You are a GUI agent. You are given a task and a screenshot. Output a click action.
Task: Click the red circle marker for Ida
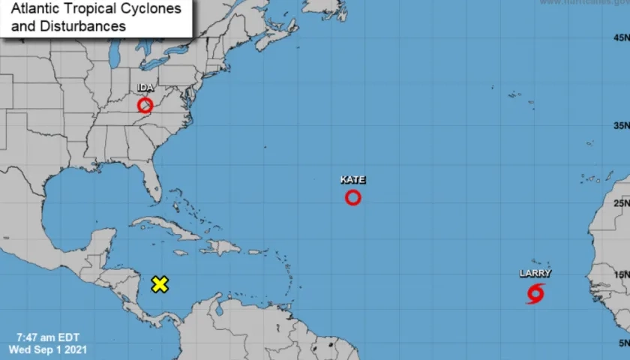click(145, 105)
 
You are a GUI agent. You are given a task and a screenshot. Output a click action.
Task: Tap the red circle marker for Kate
click(352, 197)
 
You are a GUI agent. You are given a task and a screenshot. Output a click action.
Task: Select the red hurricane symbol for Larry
click(535, 293)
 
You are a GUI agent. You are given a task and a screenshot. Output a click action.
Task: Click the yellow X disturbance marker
click(160, 284)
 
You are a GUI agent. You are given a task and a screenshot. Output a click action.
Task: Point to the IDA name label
click(145, 88)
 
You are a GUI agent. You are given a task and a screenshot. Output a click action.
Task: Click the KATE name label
click(352, 180)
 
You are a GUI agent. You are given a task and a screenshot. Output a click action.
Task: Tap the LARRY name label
click(535, 274)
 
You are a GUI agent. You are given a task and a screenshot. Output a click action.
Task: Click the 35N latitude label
click(620, 126)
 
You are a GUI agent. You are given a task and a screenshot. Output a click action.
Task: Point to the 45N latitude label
click(620, 37)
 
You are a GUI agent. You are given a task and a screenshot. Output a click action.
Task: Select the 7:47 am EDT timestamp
click(47, 337)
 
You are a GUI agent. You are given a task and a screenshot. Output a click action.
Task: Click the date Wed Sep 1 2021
click(47, 349)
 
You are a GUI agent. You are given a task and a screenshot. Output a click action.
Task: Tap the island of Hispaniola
click(218, 246)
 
